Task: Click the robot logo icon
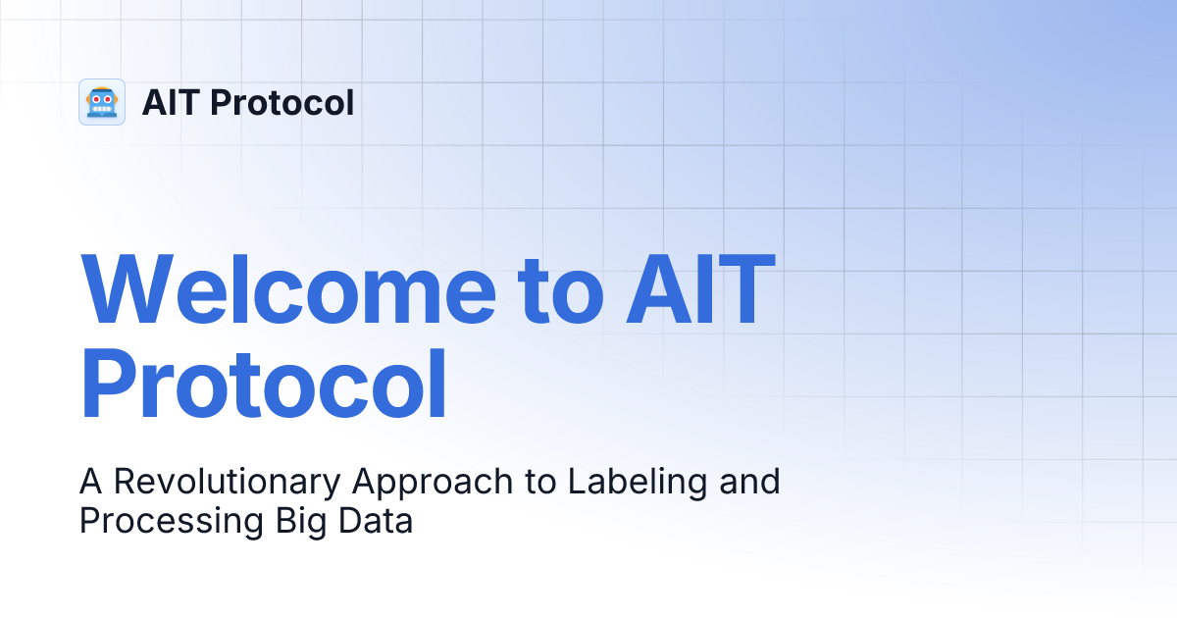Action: coord(101,102)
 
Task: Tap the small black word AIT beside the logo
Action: coord(172,102)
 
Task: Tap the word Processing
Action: coord(168,521)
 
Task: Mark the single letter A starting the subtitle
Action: coord(90,482)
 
